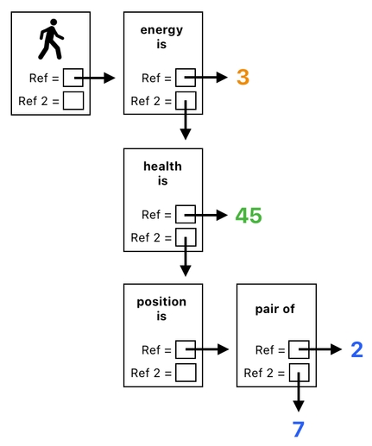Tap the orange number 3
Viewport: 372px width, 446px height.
click(x=243, y=78)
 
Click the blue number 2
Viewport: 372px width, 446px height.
click(x=356, y=349)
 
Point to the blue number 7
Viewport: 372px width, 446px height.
click(x=298, y=429)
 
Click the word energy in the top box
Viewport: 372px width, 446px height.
click(x=161, y=31)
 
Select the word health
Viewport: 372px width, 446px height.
click(x=161, y=166)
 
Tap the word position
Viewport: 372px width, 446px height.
click(x=161, y=302)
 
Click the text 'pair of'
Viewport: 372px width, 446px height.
click(x=275, y=308)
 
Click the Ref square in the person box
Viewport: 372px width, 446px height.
click(x=73, y=79)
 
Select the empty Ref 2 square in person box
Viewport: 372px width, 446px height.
click(x=73, y=101)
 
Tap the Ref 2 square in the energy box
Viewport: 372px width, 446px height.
click(x=186, y=101)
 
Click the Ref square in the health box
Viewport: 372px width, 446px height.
click(x=186, y=215)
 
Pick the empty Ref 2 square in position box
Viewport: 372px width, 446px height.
click(x=186, y=373)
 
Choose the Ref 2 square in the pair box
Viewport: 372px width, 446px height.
click(x=298, y=373)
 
